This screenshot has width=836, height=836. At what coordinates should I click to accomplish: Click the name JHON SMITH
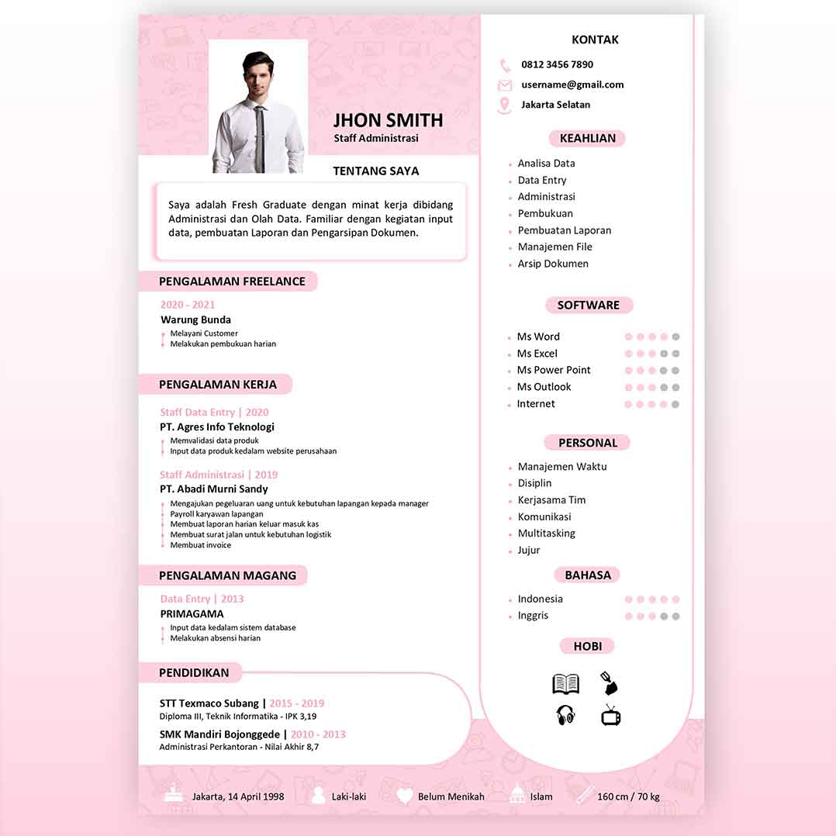[388, 120]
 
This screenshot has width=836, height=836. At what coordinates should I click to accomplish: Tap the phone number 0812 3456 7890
[557, 64]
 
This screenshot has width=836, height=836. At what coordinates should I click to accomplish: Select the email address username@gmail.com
[572, 85]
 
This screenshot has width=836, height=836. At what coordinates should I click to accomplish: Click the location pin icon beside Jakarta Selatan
[505, 105]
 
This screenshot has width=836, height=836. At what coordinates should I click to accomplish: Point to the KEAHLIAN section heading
[587, 138]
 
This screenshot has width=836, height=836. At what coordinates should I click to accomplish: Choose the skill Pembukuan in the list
[545, 213]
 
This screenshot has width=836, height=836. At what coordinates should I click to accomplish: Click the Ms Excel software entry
[537, 354]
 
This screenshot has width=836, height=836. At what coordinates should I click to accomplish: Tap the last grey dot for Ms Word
[675, 337]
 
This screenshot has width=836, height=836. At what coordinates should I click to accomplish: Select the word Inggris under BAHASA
[533, 616]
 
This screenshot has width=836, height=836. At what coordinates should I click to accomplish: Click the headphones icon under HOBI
[566, 715]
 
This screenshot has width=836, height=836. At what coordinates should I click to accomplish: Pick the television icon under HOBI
[611, 715]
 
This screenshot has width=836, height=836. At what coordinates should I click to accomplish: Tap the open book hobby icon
[566, 683]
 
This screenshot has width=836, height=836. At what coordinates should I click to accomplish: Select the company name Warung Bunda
[195, 320]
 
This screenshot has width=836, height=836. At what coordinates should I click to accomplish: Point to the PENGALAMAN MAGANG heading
[227, 575]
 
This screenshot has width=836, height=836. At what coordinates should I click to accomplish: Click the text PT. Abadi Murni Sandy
[214, 489]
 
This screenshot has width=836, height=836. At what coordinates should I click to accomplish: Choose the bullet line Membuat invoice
[200, 545]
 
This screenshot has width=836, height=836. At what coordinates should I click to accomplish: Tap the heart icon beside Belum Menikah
[405, 796]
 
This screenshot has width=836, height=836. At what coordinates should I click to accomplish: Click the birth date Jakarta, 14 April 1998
[238, 796]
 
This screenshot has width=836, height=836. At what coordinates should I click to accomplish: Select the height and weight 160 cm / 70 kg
[628, 796]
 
